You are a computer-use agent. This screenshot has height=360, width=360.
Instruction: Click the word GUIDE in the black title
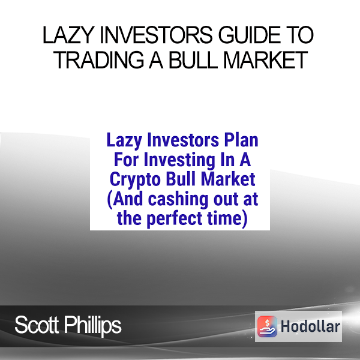[x=249, y=35]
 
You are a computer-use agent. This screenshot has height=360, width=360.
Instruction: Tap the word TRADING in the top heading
[x=99, y=60]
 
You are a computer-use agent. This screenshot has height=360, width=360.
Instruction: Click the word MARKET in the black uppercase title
[x=265, y=60]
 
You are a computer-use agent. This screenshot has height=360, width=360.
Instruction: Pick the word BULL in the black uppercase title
[x=193, y=60]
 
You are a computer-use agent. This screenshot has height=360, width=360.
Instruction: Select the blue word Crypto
[x=135, y=180]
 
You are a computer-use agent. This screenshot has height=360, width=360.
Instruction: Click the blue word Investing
[x=180, y=160]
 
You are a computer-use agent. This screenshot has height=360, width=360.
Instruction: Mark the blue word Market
[x=228, y=179]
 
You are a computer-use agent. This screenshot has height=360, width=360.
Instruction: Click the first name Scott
[x=37, y=325]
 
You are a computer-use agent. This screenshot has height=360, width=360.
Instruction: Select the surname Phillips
[x=92, y=326]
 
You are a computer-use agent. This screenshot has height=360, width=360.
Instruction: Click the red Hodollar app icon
[x=267, y=326]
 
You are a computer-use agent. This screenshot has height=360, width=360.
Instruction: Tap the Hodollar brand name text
[x=310, y=326]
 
